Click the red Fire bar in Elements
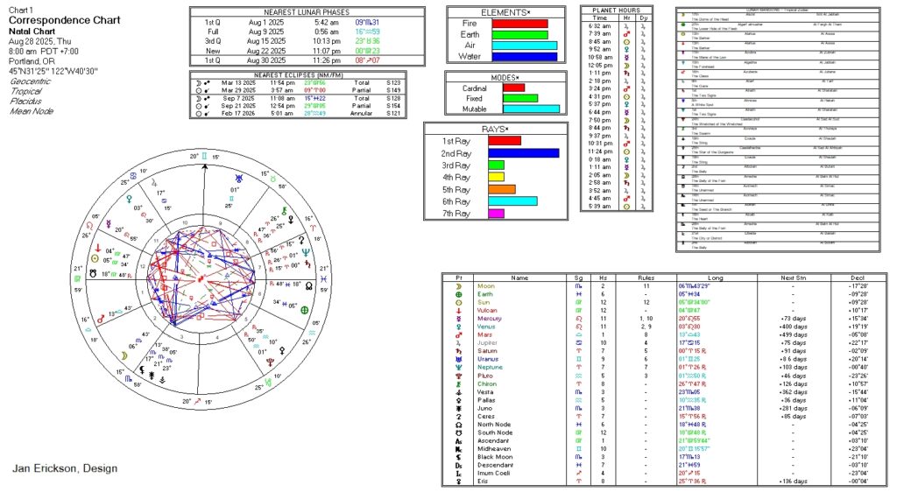(x=519, y=24)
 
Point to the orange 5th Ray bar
(x=501, y=189)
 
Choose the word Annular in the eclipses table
(x=374, y=113)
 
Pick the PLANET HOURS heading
(x=615, y=9)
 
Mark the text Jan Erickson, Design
(x=65, y=468)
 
